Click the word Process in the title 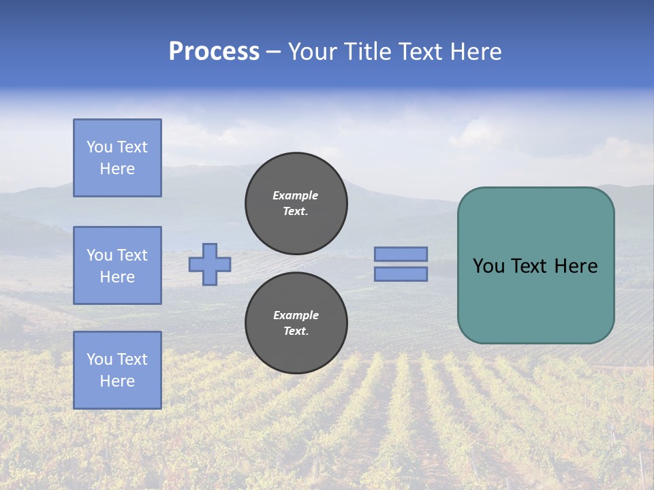(x=214, y=52)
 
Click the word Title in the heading (x=365, y=52)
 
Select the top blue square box (x=117, y=158)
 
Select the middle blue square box (x=117, y=265)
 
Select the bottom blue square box (x=117, y=370)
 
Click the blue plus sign (x=210, y=264)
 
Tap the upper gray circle (x=296, y=203)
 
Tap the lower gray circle (x=296, y=323)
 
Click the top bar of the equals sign (x=401, y=254)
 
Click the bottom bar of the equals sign (x=401, y=274)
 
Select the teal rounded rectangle (x=535, y=265)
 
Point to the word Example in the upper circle (x=295, y=195)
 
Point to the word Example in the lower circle (x=296, y=315)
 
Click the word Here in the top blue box (x=117, y=169)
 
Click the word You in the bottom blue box (x=99, y=359)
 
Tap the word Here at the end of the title (x=476, y=52)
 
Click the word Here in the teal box (x=576, y=266)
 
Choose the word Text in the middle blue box (x=131, y=255)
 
